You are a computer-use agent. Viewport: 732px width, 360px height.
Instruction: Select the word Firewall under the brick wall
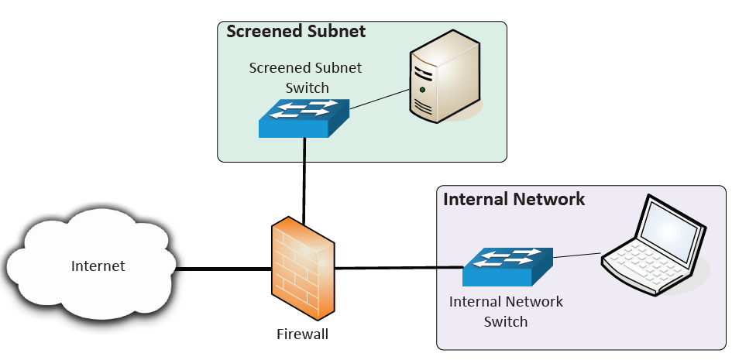(303, 334)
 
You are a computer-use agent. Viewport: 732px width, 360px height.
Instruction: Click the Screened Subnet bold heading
(295, 32)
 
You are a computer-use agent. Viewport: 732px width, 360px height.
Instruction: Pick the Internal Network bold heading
(514, 199)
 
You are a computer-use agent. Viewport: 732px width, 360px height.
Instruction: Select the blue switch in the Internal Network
(507, 266)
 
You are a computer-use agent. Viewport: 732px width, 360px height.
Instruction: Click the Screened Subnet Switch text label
(305, 77)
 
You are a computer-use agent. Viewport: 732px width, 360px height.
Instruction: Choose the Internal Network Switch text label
(506, 311)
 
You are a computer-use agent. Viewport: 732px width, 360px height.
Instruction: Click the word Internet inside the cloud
(98, 266)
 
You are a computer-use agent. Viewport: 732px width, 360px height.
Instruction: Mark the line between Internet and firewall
(225, 269)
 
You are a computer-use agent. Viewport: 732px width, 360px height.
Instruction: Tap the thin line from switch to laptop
(577, 255)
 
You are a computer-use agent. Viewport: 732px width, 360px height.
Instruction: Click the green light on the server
(421, 90)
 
